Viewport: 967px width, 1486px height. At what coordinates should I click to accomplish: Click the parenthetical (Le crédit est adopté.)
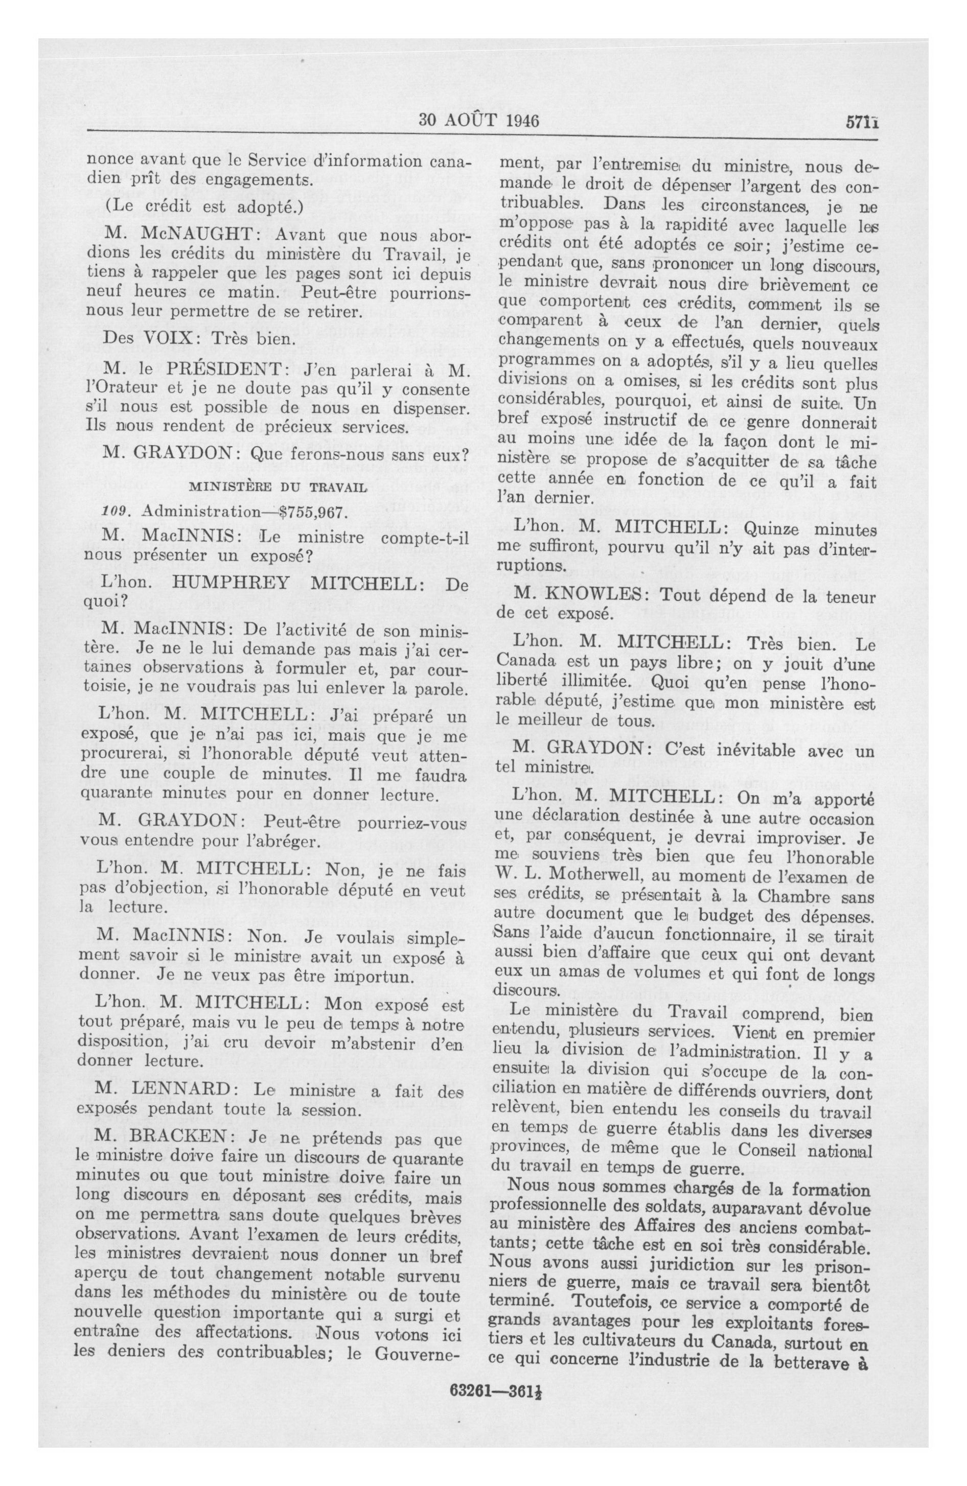[203, 206]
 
